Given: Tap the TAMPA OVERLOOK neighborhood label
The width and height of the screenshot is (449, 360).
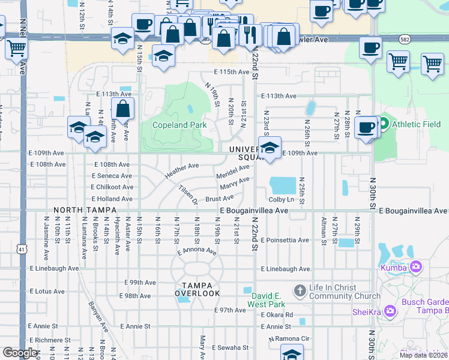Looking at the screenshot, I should pyautogui.click(x=197, y=288).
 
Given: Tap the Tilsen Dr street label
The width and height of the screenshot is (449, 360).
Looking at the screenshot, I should pyautogui.click(x=188, y=194).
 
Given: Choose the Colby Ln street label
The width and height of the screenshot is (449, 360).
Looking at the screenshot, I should pyautogui.click(x=282, y=199).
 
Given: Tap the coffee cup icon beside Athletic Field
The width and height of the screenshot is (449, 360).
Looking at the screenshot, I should pyautogui.click(x=366, y=127).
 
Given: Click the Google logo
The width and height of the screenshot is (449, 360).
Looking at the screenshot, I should pyautogui.click(x=20, y=353).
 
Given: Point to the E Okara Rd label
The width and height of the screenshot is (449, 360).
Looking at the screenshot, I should pyautogui.click(x=272, y=314).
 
